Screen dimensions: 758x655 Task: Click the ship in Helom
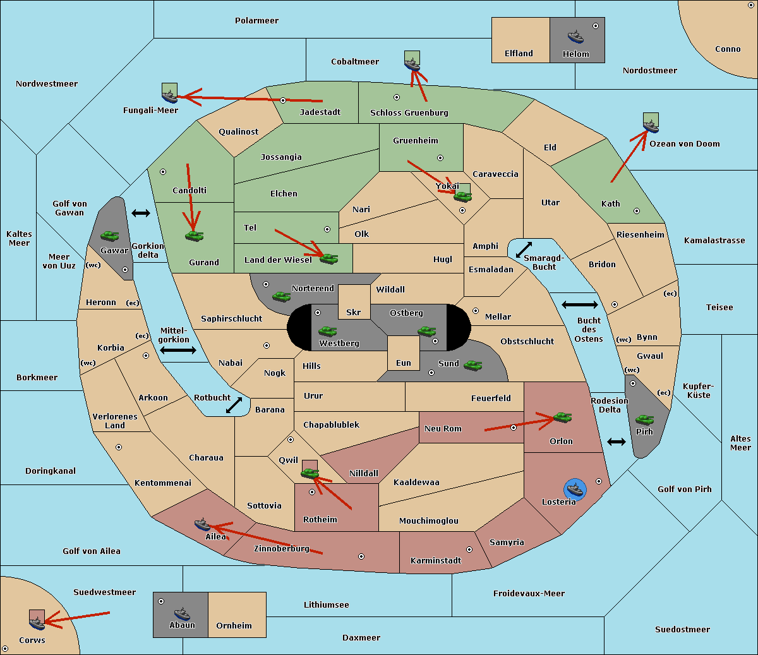[x=575, y=37]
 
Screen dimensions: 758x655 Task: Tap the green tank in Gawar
[x=110, y=236]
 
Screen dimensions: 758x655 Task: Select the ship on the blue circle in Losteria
[x=575, y=490]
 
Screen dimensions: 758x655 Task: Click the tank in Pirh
[x=644, y=419]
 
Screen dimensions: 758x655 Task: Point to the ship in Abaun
[x=182, y=613]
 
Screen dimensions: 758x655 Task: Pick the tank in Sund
[x=472, y=365]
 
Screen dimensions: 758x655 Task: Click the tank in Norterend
[x=282, y=296]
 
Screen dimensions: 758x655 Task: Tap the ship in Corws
[x=37, y=623]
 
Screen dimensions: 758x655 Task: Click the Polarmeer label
[x=256, y=21]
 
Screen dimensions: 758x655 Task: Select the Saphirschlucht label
[x=231, y=319]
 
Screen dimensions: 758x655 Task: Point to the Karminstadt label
[x=436, y=560]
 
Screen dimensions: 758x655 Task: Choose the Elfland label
[x=519, y=54]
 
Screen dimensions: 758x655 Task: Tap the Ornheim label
[x=234, y=625]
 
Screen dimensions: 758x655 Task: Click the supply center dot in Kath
[x=637, y=211]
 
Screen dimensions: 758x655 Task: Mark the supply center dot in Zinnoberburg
[x=361, y=556]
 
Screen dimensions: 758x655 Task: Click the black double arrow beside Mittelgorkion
[x=178, y=350]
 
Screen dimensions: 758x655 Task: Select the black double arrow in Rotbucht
[x=234, y=405]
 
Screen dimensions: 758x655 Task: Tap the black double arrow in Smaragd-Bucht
[x=524, y=249]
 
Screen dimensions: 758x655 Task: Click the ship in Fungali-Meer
[x=169, y=96]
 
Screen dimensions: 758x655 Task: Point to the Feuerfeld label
[x=491, y=398]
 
